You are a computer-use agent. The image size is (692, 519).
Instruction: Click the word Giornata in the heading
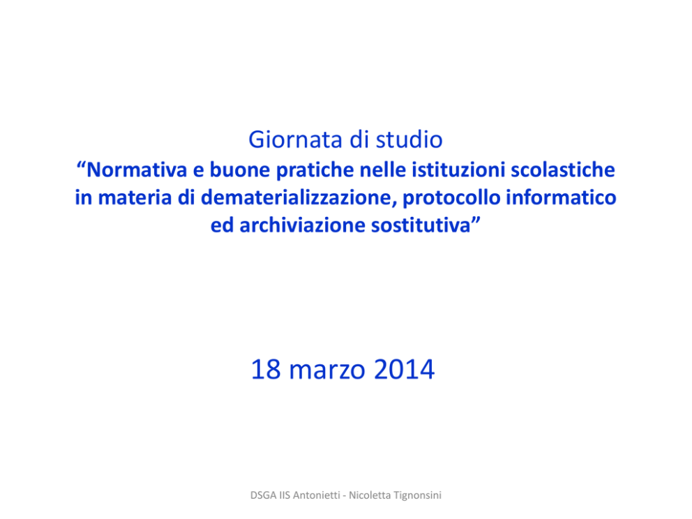[x=296, y=140]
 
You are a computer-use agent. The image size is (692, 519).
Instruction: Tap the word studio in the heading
[x=409, y=140]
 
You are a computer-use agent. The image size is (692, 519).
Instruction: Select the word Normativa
[x=137, y=170]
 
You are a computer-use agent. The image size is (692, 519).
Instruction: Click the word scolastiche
[x=563, y=170]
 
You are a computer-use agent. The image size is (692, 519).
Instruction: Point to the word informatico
[x=561, y=197]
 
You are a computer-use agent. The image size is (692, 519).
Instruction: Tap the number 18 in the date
[x=266, y=370]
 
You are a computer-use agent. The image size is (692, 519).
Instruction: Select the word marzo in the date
[x=327, y=370]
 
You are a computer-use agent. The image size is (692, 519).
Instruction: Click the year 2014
[x=405, y=370]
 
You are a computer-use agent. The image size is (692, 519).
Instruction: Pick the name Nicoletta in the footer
[x=370, y=495]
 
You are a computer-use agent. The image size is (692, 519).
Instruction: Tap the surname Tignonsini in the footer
[x=417, y=495]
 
